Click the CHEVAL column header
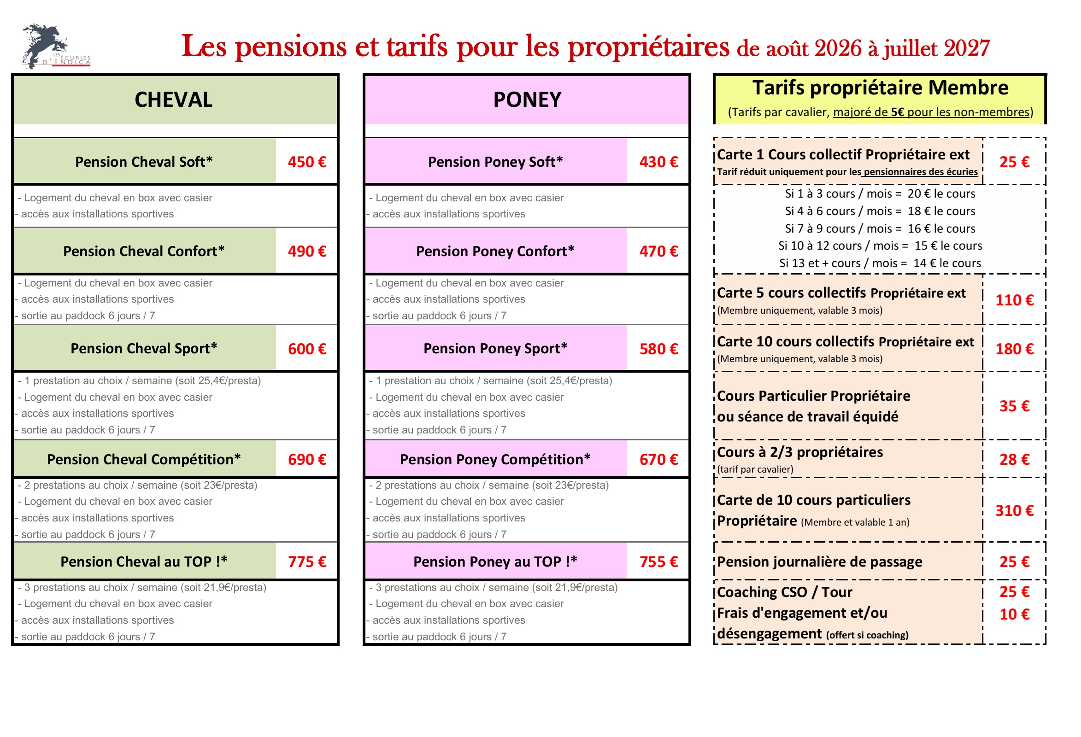[174, 99]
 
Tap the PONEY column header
[527, 99]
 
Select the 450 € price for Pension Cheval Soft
[307, 162]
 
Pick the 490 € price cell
[307, 251]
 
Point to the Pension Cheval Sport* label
[144, 348]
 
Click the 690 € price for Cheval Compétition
[307, 459]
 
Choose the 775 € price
[307, 562]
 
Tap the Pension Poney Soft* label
[495, 162]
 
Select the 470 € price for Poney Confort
[658, 251]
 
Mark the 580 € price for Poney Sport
[658, 349]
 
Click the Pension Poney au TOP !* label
[495, 562]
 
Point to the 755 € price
[658, 562]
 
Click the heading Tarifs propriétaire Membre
[881, 88]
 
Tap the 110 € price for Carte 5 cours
[1015, 300]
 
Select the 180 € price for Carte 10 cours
[1015, 349]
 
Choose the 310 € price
[1015, 510]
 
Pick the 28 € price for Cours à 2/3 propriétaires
[1015, 459]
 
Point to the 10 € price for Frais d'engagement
[1015, 614]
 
